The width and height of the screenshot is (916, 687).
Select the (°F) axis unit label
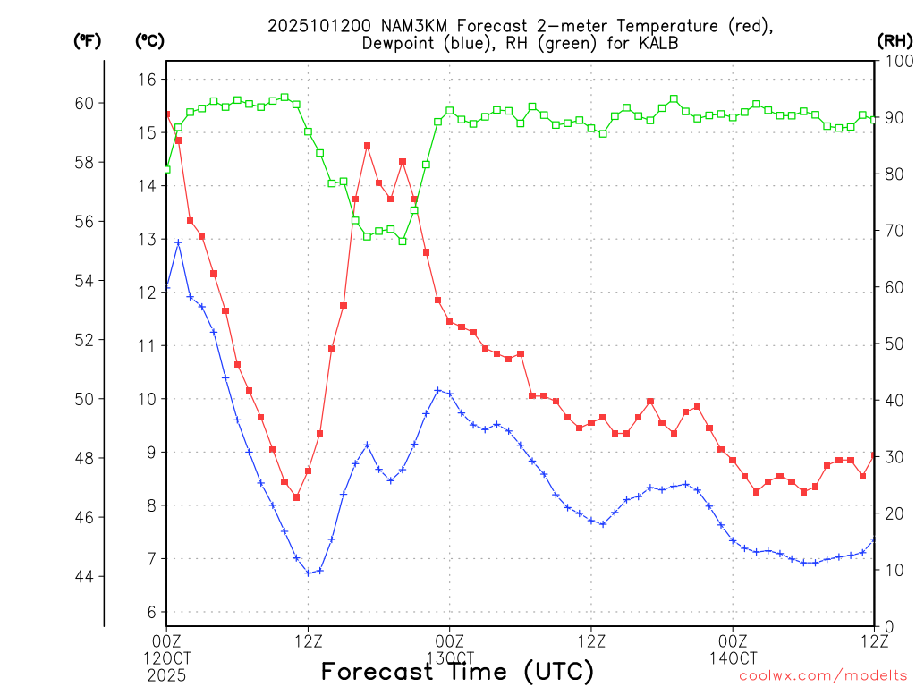click(88, 40)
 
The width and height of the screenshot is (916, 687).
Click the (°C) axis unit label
click(149, 40)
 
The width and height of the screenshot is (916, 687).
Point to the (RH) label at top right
click(894, 40)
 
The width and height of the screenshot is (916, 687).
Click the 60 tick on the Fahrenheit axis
click(83, 103)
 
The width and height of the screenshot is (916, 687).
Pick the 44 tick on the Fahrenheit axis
click(83, 576)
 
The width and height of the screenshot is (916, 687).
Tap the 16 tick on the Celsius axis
click(146, 80)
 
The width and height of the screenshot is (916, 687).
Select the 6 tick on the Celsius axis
click(150, 612)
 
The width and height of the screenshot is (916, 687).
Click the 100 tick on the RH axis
click(896, 61)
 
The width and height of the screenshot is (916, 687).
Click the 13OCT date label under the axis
click(449, 657)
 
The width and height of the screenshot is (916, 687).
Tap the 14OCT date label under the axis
click(733, 657)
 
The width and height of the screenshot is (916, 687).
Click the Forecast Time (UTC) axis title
click(457, 671)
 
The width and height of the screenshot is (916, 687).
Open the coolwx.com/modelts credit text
click(823, 675)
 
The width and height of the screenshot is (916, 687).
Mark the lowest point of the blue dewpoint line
click(308, 572)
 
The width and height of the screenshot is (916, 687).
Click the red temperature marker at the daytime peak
click(367, 146)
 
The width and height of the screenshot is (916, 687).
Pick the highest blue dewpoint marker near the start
click(178, 242)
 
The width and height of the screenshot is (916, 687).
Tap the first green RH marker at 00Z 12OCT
click(166, 169)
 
